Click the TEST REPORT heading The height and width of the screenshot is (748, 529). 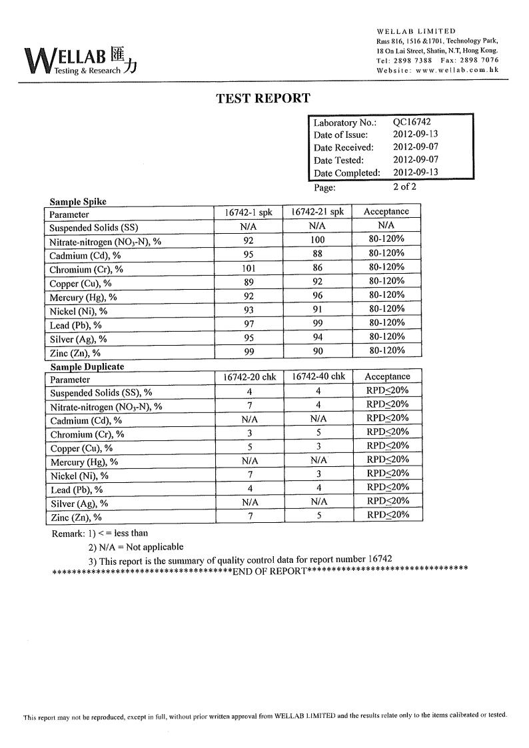(263, 99)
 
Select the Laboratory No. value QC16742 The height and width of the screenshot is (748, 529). (411, 122)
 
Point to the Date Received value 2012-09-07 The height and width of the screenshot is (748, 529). (415, 147)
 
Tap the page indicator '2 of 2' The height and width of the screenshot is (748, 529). (404, 187)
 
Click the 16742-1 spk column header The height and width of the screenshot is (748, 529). (249, 212)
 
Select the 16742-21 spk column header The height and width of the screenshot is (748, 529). (317, 212)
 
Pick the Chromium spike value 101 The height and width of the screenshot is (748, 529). (249, 268)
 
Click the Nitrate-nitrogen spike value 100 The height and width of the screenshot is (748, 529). (317, 240)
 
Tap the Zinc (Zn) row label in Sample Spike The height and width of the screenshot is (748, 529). (75, 353)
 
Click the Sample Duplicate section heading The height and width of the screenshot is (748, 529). (87, 366)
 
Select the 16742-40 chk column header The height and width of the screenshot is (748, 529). (318, 377)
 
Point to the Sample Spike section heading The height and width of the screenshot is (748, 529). (78, 202)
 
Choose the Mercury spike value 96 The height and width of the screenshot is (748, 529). (317, 296)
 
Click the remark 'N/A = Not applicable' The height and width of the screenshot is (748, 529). (135, 547)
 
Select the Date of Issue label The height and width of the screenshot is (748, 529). (340, 135)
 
